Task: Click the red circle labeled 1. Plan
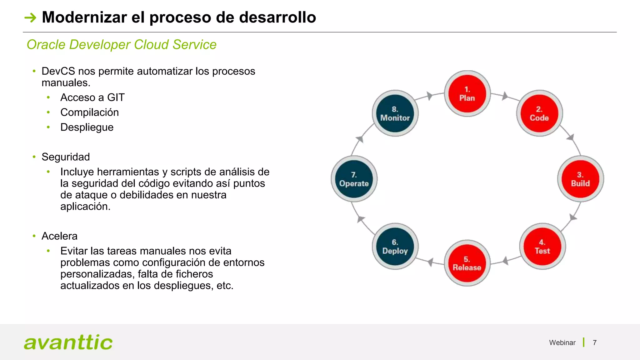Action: point(467,94)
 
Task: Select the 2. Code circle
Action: point(539,113)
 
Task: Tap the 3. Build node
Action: point(580,179)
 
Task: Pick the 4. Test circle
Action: point(542,247)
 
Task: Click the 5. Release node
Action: point(467,263)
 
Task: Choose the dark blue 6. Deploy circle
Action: point(395,247)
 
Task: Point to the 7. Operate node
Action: point(354,179)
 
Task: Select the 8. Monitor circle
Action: point(395,113)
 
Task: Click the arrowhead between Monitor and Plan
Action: point(430,96)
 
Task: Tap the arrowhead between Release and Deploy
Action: point(431,262)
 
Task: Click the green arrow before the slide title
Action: point(31,17)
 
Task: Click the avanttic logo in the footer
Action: point(68,342)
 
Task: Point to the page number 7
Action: point(595,343)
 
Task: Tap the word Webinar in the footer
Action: point(562,343)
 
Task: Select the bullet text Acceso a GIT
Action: point(92,97)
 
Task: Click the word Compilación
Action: point(90,112)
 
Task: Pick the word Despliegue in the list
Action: point(87,127)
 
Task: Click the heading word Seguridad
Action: point(66,157)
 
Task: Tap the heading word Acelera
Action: point(59,236)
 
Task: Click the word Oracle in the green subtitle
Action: point(46,45)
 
